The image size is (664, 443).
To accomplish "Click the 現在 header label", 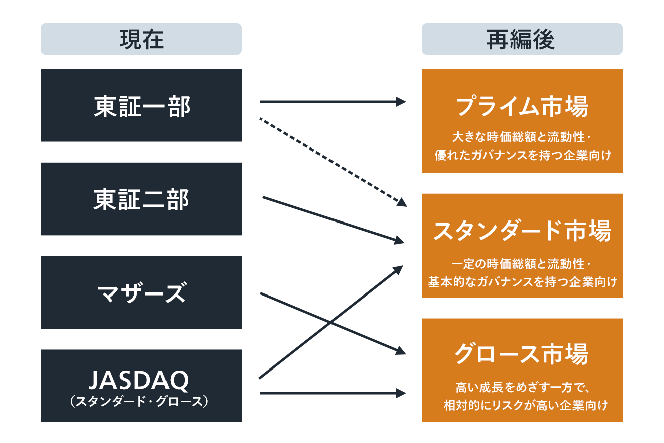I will point(141,39).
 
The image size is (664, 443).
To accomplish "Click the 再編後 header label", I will point(522,39).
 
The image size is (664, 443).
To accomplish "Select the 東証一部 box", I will point(141,106).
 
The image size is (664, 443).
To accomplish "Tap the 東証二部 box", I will point(141,199).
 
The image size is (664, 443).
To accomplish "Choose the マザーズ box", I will point(141,292).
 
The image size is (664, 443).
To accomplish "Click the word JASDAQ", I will point(138,381).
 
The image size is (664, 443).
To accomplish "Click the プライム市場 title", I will point(522,107).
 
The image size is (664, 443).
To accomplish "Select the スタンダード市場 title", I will point(522,232).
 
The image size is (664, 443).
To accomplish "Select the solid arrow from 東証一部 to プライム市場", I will point(332,102).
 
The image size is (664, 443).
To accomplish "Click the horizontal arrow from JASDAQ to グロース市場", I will point(332,393).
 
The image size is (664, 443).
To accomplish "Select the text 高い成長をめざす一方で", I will point(519,387).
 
